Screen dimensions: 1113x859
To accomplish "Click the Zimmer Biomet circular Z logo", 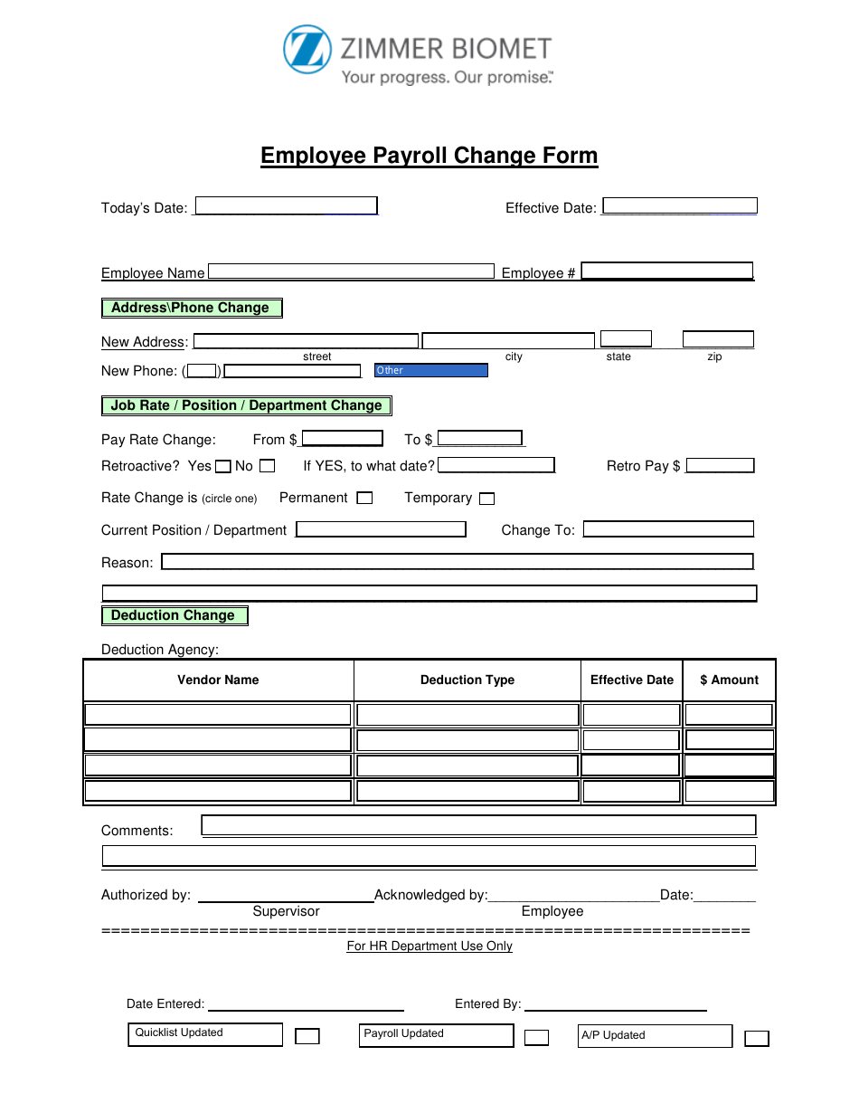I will point(307,49).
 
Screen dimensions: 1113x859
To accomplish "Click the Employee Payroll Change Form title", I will point(429,156).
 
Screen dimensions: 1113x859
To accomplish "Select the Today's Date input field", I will point(286,206).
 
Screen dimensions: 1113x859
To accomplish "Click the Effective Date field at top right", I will point(679,206).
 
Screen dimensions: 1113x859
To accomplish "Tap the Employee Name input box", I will point(351,271).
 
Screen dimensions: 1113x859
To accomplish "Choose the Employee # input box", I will point(666,271).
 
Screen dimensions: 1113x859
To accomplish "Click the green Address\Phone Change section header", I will point(192,308).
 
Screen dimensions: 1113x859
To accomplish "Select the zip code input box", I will point(717,339).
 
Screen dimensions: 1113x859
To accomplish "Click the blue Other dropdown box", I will point(431,370).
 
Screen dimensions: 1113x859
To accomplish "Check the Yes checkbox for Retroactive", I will point(222,466).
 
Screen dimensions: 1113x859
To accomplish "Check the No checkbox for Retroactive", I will point(267,466).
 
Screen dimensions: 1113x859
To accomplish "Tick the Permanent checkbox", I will point(364,498).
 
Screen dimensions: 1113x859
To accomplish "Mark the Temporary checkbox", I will point(486,499).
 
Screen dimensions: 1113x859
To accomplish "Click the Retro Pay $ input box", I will point(720,465).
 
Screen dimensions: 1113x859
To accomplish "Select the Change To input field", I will point(668,529).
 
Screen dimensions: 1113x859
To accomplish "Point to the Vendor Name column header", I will point(218,680).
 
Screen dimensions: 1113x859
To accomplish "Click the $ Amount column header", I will point(729,680).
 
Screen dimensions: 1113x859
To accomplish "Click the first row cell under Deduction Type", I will point(467,715).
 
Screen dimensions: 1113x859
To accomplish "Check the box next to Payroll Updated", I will point(536,1038).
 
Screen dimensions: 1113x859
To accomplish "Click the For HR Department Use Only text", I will point(429,946).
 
